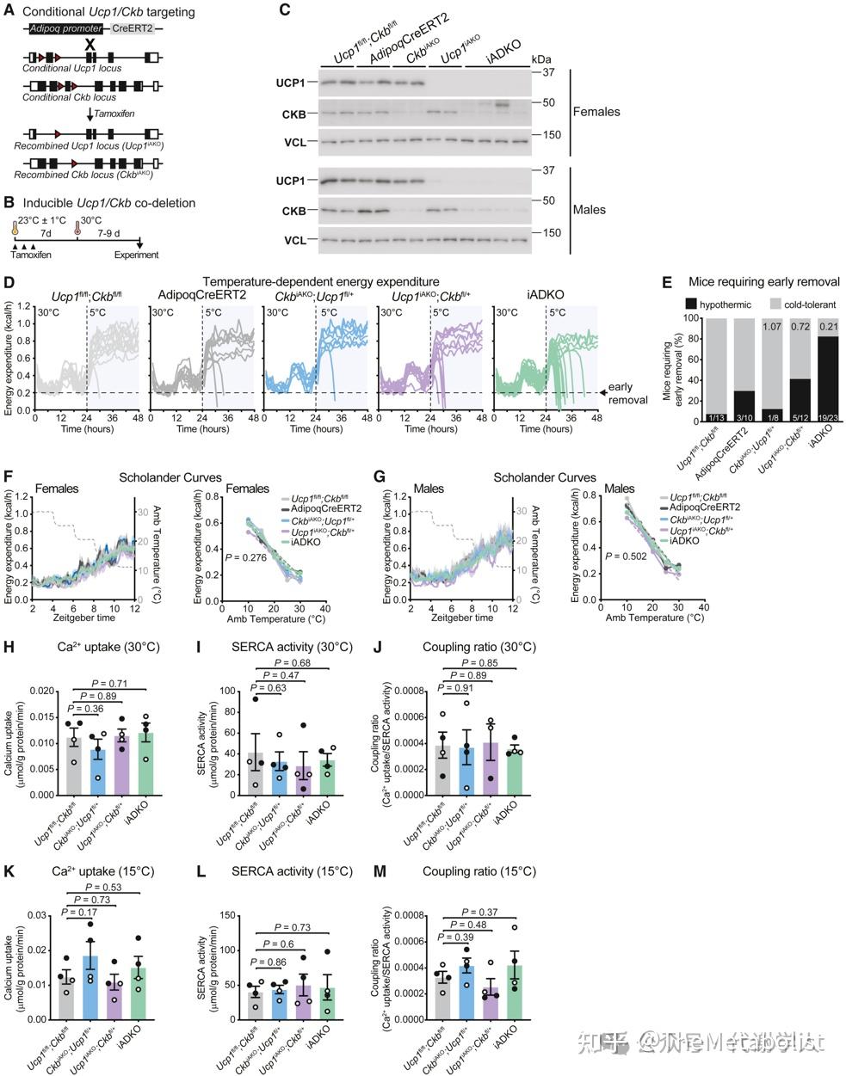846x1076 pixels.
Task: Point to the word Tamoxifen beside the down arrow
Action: (x=119, y=114)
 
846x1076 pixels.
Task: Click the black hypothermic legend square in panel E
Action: (x=691, y=304)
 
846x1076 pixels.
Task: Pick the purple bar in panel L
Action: (x=304, y=1001)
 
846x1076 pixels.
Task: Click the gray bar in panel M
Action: (x=442, y=995)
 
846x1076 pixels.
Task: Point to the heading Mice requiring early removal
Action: (x=764, y=281)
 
